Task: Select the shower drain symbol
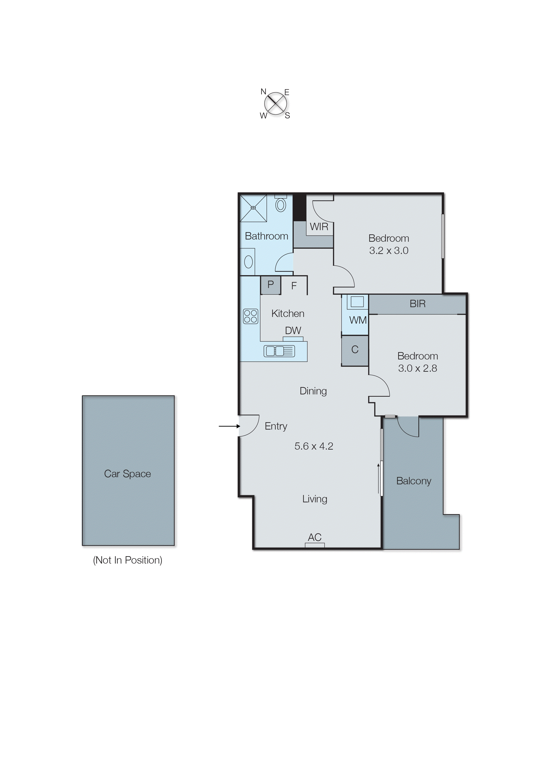253,208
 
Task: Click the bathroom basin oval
249,262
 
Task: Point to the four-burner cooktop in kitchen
251,316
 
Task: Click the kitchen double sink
279,351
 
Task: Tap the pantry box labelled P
271,285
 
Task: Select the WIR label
319,227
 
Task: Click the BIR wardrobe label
418,304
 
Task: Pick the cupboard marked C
355,350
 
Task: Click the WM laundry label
358,320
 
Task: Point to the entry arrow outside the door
229,426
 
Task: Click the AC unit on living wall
315,545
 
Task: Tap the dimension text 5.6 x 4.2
314,446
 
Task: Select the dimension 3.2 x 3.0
389,251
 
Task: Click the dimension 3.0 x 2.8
418,368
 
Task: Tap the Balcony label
414,481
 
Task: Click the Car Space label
127,474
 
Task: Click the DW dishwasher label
293,331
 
